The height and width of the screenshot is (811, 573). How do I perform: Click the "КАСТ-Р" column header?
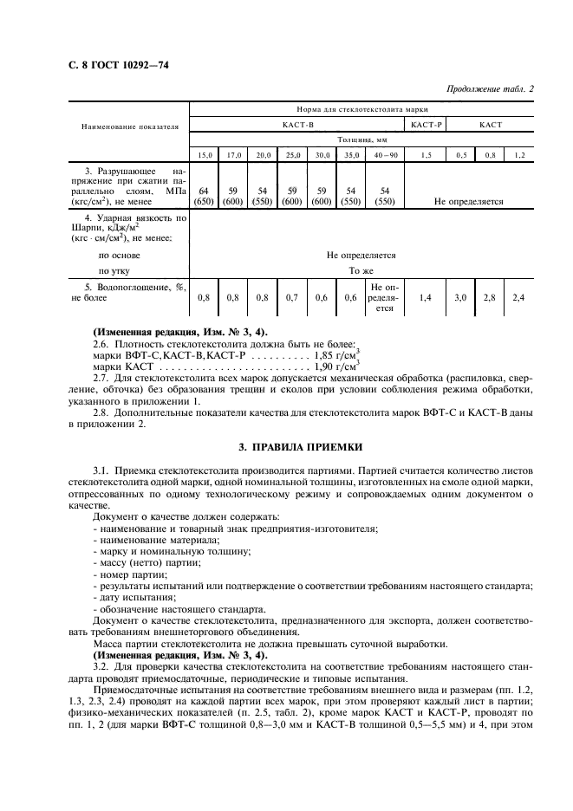point(426,125)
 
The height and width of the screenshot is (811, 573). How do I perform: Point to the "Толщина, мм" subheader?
point(362,139)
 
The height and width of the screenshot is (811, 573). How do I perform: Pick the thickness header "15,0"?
point(205,154)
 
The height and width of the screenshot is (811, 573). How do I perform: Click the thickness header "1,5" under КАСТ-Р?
point(426,154)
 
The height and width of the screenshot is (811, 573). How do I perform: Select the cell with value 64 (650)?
point(205,195)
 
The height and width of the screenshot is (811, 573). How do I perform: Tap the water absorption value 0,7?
point(293,297)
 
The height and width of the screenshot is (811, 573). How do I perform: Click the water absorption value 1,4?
point(426,297)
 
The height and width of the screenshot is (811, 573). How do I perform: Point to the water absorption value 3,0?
point(460,297)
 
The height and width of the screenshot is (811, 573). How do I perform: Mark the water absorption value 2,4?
point(518,297)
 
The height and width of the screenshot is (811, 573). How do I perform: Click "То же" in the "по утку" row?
point(361,270)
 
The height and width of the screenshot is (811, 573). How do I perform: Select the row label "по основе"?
point(119,256)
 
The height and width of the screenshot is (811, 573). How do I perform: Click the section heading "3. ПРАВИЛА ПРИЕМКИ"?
point(287,447)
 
